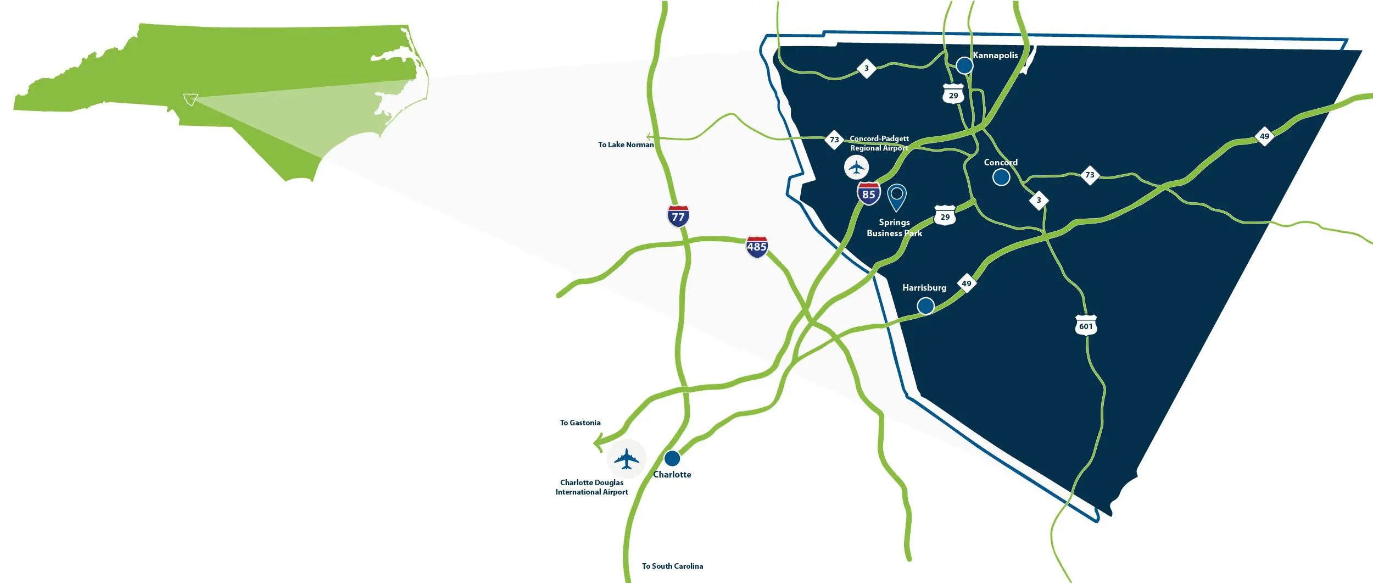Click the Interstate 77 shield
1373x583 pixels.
click(x=678, y=216)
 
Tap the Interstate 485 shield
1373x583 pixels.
click(x=756, y=247)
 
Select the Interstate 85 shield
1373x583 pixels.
click(x=868, y=194)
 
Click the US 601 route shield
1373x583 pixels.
click(x=1085, y=325)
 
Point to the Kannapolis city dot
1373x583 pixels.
click(x=964, y=65)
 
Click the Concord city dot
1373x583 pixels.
click(x=1001, y=177)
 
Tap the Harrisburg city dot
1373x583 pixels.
click(x=925, y=306)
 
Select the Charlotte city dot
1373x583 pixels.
click(x=672, y=458)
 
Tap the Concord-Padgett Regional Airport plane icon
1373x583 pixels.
click(x=856, y=167)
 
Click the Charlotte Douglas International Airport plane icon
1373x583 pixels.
click(x=626, y=459)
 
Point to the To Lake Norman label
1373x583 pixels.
click(x=626, y=145)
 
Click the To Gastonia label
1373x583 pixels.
click(x=580, y=423)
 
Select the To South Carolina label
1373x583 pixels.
click(x=672, y=566)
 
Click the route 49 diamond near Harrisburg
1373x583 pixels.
click(x=966, y=284)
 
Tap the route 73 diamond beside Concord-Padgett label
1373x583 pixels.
click(x=834, y=140)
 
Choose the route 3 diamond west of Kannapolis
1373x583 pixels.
click(x=866, y=68)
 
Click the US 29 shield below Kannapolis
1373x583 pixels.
click(x=953, y=95)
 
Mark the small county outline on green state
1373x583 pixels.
click(x=191, y=99)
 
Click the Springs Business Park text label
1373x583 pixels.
click(x=894, y=227)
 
